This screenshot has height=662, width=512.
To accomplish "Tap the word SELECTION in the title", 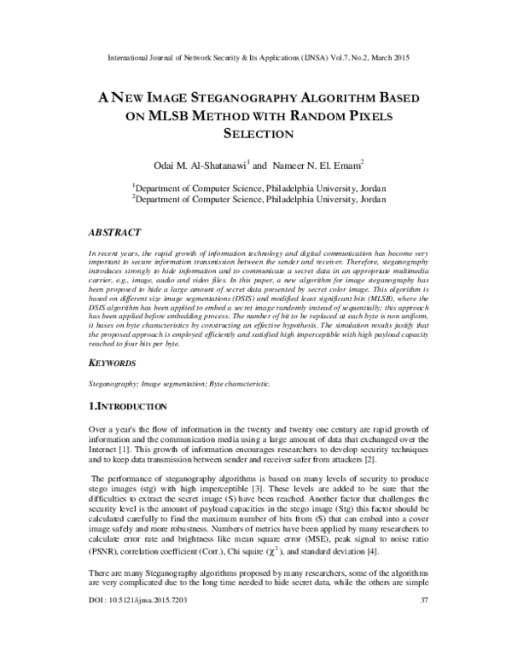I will [257, 134].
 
